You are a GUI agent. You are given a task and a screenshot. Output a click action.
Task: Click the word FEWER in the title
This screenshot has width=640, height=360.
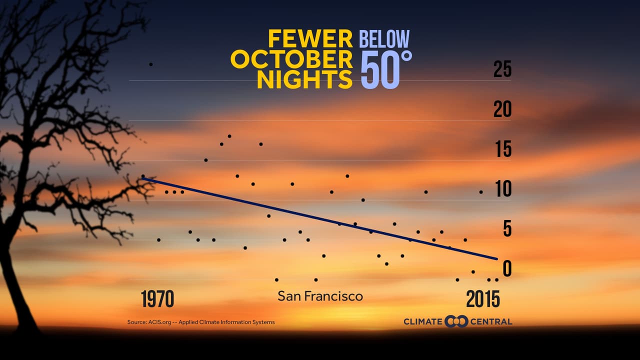click(x=310, y=39)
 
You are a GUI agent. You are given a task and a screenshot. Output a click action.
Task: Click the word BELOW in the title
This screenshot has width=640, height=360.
click(x=384, y=39)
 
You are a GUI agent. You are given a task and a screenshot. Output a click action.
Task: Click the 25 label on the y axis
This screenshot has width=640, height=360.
click(x=502, y=69)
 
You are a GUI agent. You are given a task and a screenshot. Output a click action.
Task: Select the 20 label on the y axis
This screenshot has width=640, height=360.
click(x=502, y=109)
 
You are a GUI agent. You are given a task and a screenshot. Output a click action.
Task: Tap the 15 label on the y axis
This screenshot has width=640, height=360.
click(x=503, y=149)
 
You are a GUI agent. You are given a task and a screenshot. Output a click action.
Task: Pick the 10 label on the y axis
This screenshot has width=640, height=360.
click(x=503, y=189)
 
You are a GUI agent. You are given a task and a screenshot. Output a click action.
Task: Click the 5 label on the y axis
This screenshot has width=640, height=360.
click(x=507, y=229)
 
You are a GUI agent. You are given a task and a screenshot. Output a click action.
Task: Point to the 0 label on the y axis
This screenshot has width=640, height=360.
click(x=507, y=269)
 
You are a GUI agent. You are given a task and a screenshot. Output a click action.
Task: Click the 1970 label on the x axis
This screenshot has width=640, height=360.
click(x=157, y=299)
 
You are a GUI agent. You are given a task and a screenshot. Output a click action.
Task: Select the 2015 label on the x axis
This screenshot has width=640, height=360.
click(x=483, y=299)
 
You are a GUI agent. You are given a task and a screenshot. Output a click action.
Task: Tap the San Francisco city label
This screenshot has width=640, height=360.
click(x=320, y=296)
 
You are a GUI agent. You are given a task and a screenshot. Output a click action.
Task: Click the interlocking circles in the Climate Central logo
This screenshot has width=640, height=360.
click(x=456, y=321)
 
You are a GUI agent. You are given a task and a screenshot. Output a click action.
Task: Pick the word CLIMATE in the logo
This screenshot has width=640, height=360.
click(x=423, y=321)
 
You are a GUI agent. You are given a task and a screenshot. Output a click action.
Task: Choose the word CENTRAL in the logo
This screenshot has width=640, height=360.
click(x=491, y=321)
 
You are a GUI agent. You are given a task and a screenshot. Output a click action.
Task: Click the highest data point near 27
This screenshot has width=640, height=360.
click(x=151, y=64)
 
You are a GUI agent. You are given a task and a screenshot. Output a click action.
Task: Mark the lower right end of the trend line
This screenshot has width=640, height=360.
click(x=497, y=258)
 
